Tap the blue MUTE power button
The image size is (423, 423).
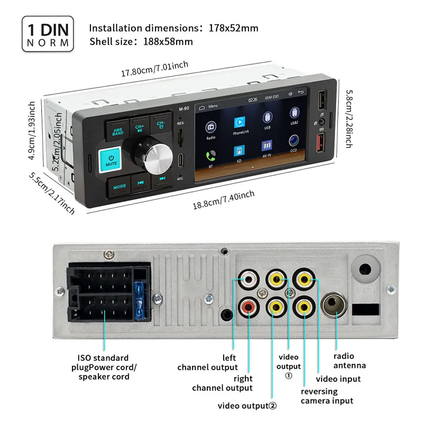[111, 160]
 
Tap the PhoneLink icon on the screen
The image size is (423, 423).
[239, 123]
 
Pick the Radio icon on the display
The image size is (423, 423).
[210, 127]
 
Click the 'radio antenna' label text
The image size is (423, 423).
[350, 361]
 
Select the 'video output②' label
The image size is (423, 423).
[247, 406]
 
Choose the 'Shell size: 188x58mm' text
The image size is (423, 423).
[141, 41]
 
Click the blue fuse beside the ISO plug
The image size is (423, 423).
[140, 299]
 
